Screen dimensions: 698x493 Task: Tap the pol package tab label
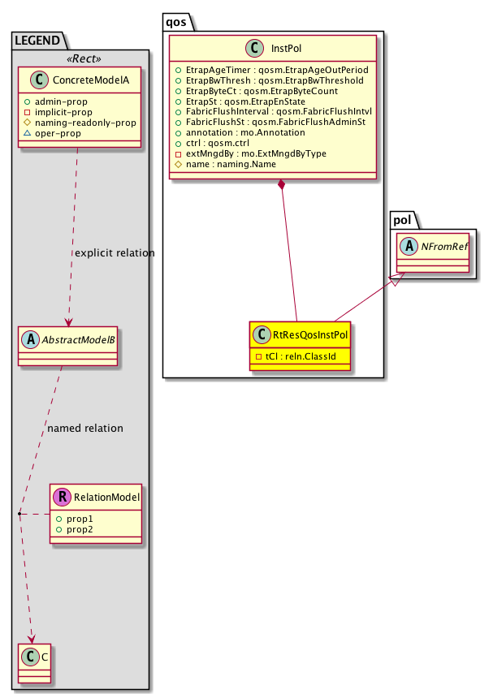tap(404, 219)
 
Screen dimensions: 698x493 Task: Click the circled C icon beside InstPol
tap(253, 48)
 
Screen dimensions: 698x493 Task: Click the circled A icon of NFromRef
tap(406, 243)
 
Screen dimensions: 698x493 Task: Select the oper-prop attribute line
tap(58, 133)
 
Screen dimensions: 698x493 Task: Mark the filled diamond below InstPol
tap(281, 185)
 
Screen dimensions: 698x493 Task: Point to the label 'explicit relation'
tap(115, 253)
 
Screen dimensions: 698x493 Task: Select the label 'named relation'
tap(86, 428)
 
